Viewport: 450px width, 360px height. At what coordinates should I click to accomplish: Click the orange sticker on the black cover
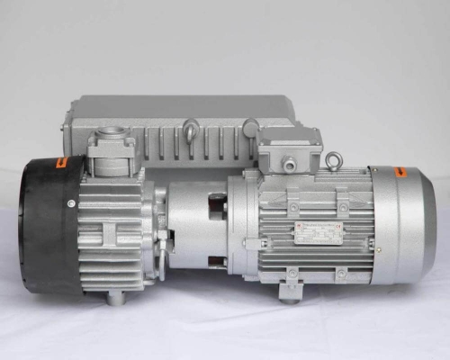click(x=62, y=163)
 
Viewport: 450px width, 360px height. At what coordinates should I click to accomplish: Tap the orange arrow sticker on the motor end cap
click(x=400, y=172)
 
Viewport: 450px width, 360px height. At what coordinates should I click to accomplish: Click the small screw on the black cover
click(x=70, y=203)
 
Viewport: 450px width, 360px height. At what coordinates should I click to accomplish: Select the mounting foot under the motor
click(x=290, y=290)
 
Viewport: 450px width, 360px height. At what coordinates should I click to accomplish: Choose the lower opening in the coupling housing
click(x=216, y=262)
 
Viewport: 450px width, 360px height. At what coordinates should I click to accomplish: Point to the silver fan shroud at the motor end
click(x=405, y=225)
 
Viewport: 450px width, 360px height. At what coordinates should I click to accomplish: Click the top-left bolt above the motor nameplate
click(x=293, y=207)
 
